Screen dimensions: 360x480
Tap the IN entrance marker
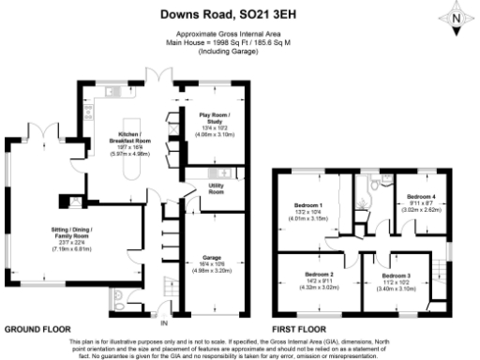point(165,324)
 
